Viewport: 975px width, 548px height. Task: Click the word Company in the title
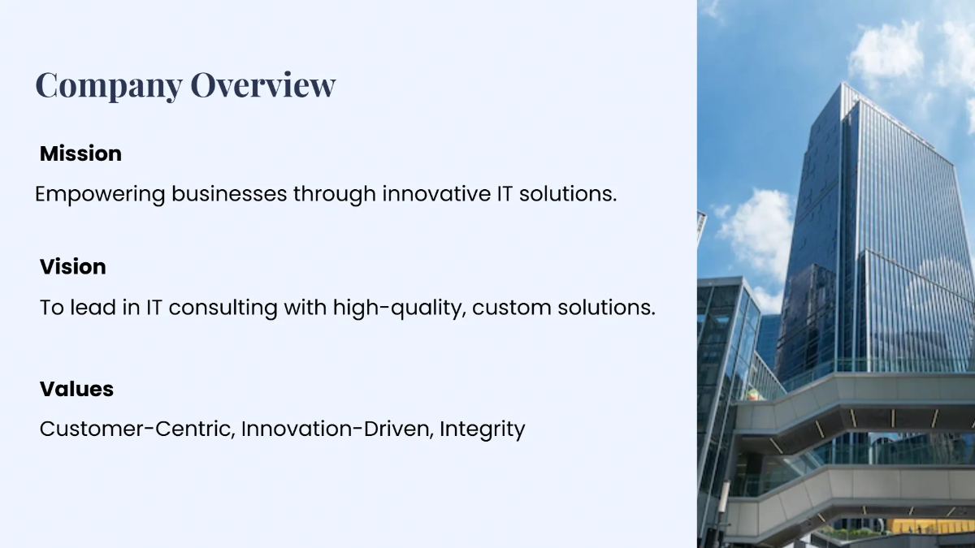[x=109, y=85]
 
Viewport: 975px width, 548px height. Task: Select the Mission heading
[x=80, y=153]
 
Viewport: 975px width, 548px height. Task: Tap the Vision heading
[x=73, y=266]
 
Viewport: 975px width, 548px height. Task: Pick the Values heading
[x=76, y=389]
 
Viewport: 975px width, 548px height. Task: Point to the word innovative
[x=433, y=195]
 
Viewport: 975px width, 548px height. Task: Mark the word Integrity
[x=483, y=429]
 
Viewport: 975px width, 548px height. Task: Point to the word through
[x=334, y=195]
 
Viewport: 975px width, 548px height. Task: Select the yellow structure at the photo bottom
[x=926, y=525]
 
